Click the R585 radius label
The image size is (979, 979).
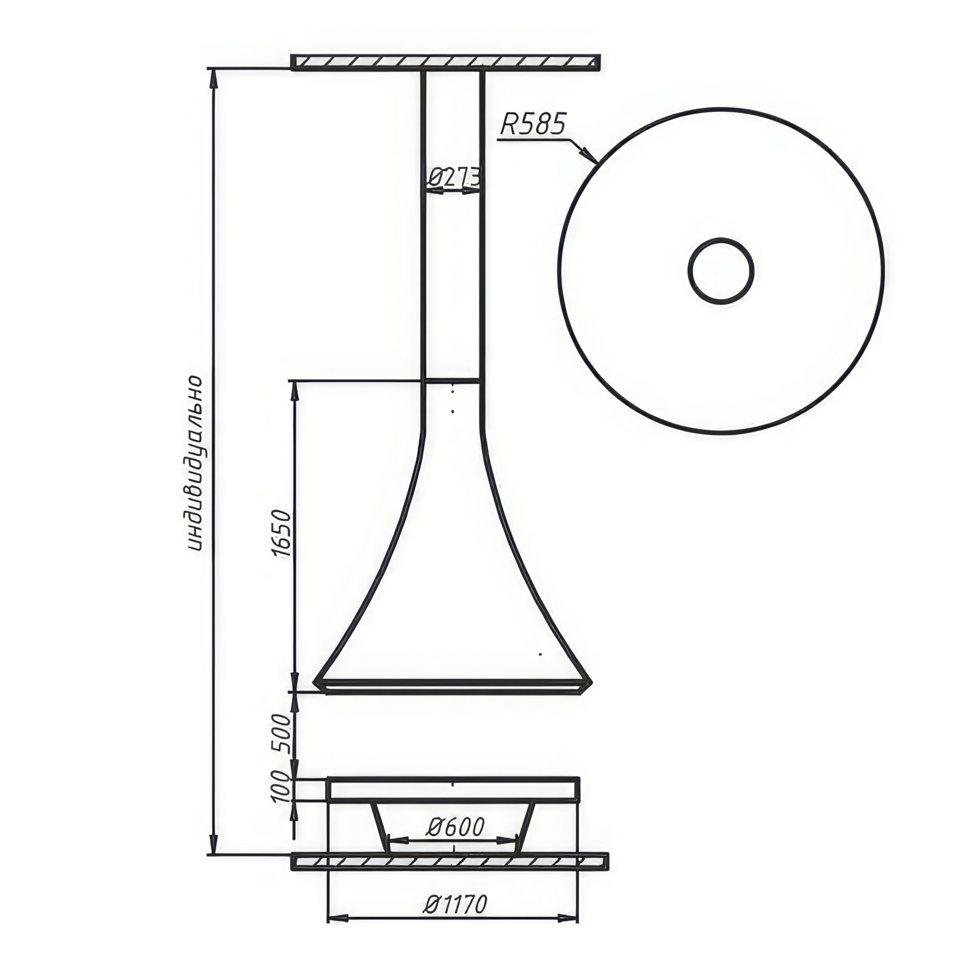(x=532, y=124)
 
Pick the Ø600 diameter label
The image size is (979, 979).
(x=455, y=827)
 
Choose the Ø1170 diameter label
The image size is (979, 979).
(x=455, y=904)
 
